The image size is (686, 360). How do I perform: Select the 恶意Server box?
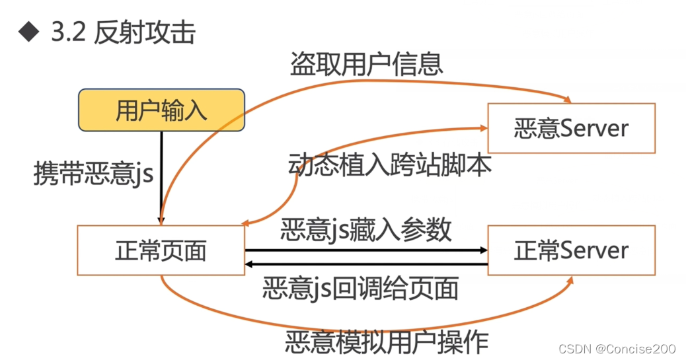point(571,128)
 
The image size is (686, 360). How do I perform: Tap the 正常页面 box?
point(161,250)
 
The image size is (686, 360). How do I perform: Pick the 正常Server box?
point(571,250)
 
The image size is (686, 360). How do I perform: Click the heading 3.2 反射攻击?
point(123,32)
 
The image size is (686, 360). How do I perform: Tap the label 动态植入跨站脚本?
point(390,164)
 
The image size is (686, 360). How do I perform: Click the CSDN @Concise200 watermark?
point(617,348)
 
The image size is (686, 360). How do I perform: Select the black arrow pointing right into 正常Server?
point(367,250)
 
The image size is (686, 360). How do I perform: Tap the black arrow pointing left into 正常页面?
point(367,266)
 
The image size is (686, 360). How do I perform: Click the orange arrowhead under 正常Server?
point(569,279)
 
